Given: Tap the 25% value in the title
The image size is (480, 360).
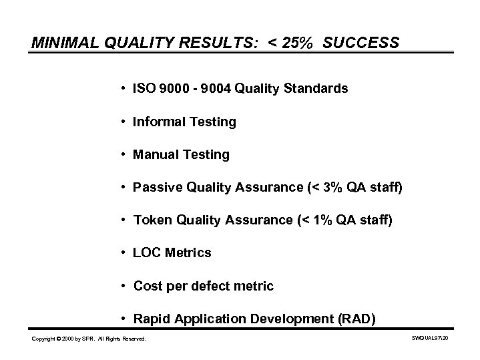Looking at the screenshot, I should click(298, 43).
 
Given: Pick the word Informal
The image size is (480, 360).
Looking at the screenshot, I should click(159, 122).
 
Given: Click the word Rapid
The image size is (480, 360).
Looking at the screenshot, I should click(152, 319).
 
